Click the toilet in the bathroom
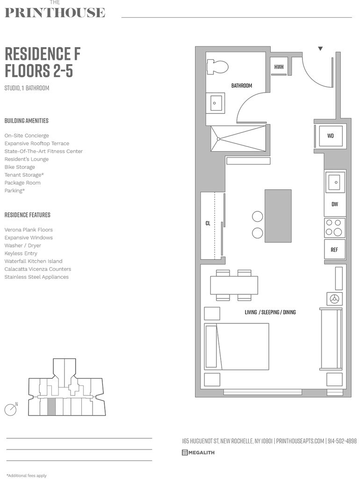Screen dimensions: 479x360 pyautogui.click(x=217, y=66)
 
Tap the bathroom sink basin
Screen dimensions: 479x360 pyautogui.click(x=216, y=102)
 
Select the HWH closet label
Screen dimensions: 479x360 pyautogui.click(x=279, y=67)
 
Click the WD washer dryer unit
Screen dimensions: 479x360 pyautogui.click(x=331, y=136)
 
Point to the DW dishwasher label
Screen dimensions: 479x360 pyautogui.click(x=335, y=204)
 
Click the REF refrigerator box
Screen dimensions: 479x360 pyautogui.click(x=334, y=249)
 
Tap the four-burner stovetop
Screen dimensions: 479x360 pyautogui.click(x=334, y=227)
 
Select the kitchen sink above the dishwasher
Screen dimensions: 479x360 pyautogui.click(x=334, y=182)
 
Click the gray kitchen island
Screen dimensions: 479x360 pyautogui.click(x=278, y=216)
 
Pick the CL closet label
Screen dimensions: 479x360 pyautogui.click(x=208, y=224)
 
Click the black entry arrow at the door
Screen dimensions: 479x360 pyautogui.click(x=320, y=49)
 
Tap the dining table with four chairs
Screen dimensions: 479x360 pyautogui.click(x=234, y=285)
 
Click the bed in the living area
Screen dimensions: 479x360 pyautogui.click(x=237, y=346)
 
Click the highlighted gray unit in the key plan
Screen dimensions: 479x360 pyautogui.click(x=51, y=407)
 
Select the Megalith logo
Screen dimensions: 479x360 pyautogui.click(x=198, y=452)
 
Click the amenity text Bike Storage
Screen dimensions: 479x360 pyautogui.click(x=20, y=167)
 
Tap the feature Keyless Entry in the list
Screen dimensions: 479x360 pyautogui.click(x=21, y=254)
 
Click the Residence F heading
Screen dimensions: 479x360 pyautogui.click(x=43, y=54)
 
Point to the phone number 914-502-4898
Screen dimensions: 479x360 pyautogui.click(x=342, y=441)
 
